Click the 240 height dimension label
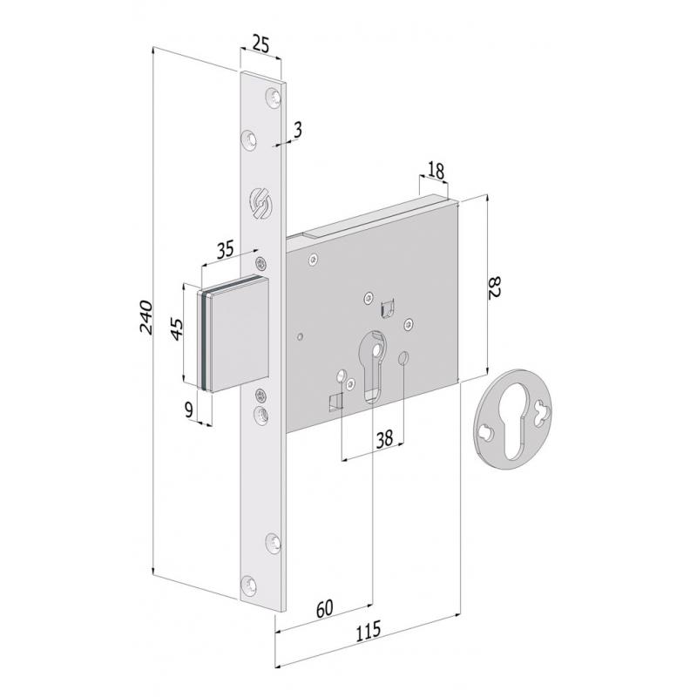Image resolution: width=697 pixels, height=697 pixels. coord(145,317)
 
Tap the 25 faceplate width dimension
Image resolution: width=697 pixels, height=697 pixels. coord(261,44)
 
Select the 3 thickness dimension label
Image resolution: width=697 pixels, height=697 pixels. coord(298,130)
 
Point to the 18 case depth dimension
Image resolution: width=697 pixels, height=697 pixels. coord(436,171)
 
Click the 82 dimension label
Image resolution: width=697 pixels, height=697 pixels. coord(496,288)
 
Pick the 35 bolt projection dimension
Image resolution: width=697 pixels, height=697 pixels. coord(226,249)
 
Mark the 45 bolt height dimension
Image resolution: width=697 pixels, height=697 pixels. coord(177,329)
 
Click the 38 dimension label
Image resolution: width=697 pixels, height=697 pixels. coord(384,439)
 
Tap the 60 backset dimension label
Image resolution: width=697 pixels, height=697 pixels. coord(324,608)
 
